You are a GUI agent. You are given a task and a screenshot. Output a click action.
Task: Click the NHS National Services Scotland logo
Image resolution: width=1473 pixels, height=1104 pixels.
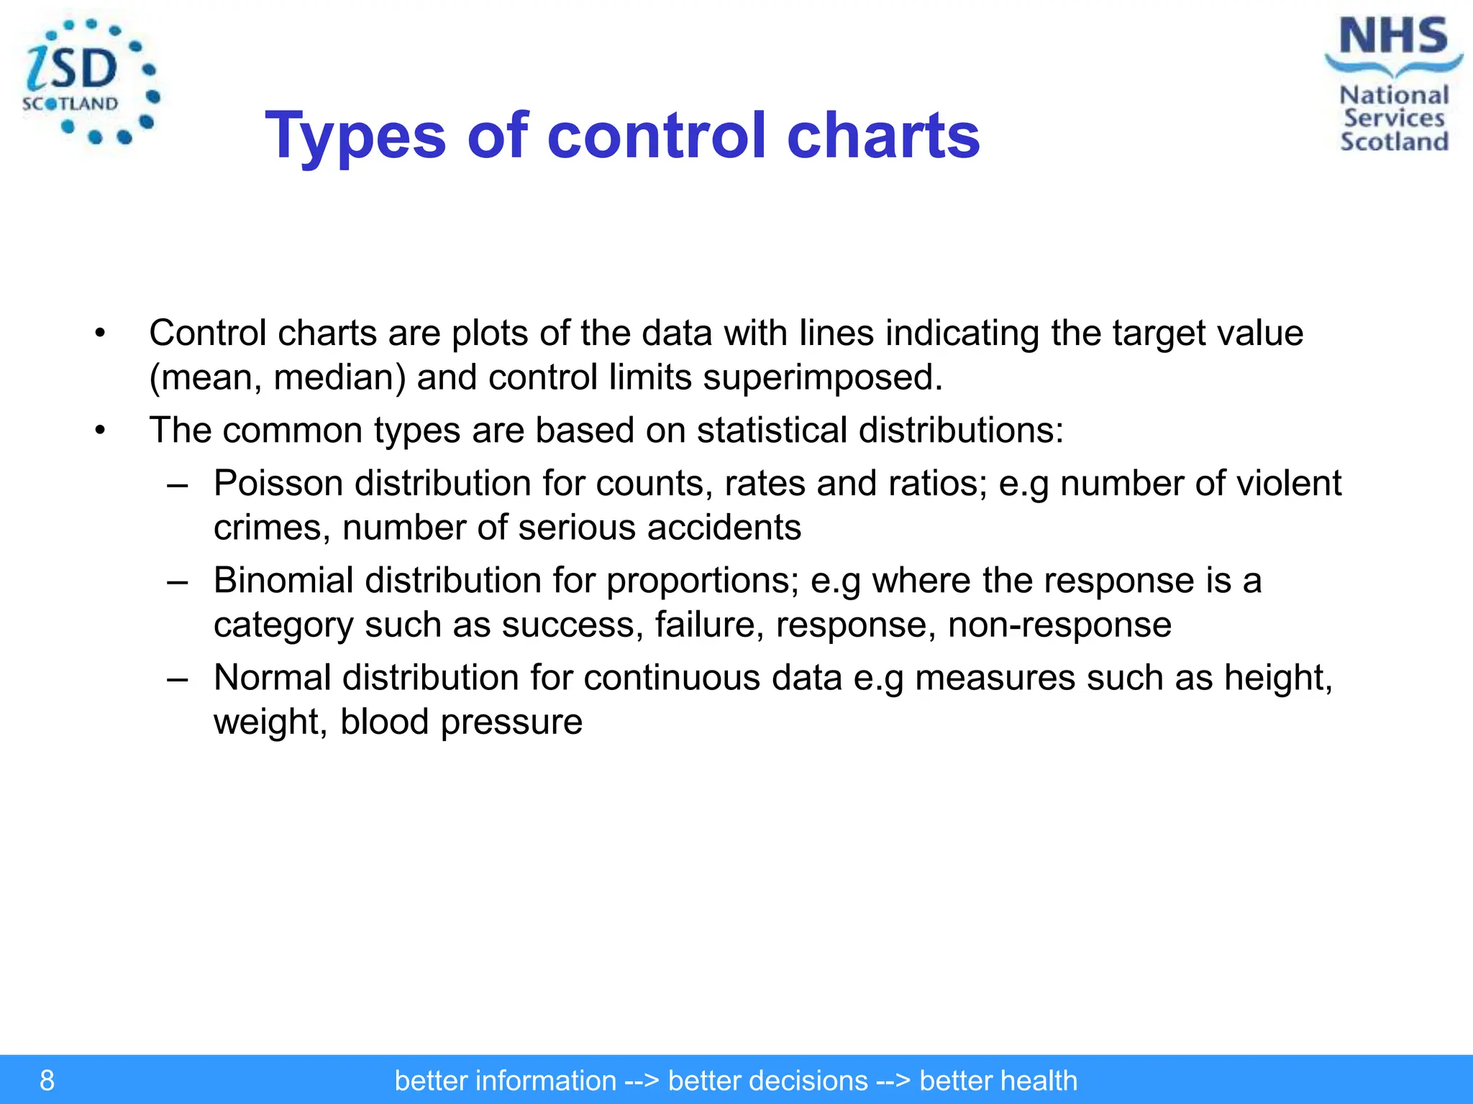[x=1393, y=85]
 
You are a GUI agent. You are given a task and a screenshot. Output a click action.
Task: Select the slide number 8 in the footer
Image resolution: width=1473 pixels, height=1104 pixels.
[x=47, y=1080]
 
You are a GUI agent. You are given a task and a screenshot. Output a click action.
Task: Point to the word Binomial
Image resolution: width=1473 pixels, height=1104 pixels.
[x=283, y=580]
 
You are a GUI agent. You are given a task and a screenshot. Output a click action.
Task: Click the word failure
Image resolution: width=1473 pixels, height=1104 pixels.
[x=709, y=625]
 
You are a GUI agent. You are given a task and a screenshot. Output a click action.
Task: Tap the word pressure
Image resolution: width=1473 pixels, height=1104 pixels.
[x=511, y=722]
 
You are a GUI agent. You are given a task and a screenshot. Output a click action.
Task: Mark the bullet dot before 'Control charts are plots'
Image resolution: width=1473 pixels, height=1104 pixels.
[x=100, y=333]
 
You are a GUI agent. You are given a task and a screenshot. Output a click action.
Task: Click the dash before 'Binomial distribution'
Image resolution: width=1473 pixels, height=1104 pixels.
[x=177, y=581]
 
